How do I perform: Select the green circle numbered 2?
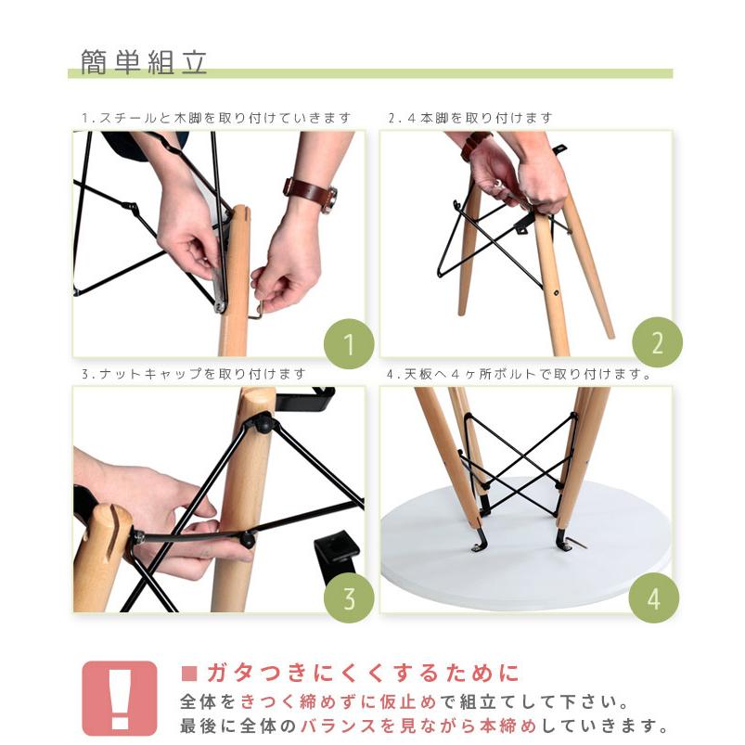[x=657, y=344]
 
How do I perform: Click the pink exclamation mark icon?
[x=120, y=698]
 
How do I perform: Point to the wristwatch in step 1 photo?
[x=310, y=192]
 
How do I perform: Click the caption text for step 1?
[x=216, y=118]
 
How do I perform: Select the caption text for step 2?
[x=469, y=118]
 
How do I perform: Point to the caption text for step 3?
[x=193, y=374]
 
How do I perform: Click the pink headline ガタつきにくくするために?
[x=362, y=673]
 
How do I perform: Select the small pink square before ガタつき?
[x=190, y=673]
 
